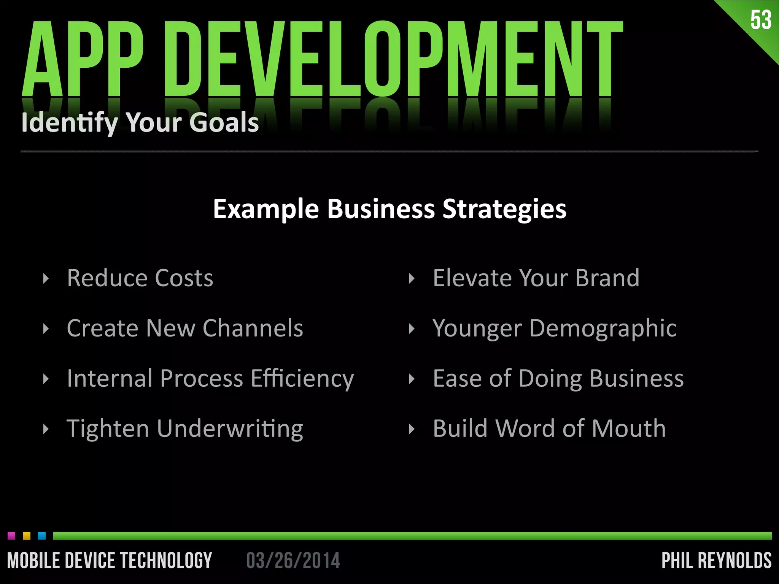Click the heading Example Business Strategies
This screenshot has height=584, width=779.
(389, 209)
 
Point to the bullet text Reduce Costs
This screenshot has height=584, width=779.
(140, 278)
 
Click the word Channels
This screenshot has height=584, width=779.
(253, 328)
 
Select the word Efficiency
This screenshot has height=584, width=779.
(302, 379)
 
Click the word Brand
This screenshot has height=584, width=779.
(607, 278)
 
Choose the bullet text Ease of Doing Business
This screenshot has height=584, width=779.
(558, 379)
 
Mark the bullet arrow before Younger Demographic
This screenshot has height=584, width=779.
(411, 329)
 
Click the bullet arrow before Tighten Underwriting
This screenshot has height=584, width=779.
(46, 429)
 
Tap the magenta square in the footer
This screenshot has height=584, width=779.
(11, 536)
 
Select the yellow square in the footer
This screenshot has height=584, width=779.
(27, 536)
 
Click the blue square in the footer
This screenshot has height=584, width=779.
(42, 536)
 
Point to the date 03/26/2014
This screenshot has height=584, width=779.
(293, 561)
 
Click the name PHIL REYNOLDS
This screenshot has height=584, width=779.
(716, 561)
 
